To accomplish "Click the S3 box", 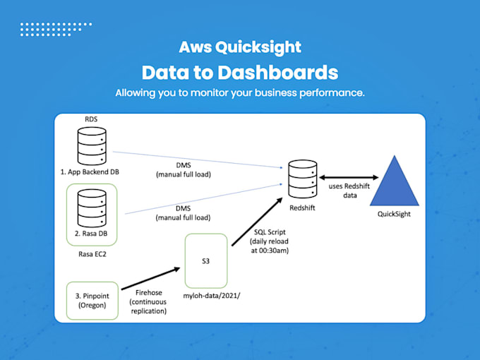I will (205, 260).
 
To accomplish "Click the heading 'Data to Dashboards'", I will (239, 73).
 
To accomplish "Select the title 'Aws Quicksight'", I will (239, 47).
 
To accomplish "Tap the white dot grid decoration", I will (56, 29).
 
